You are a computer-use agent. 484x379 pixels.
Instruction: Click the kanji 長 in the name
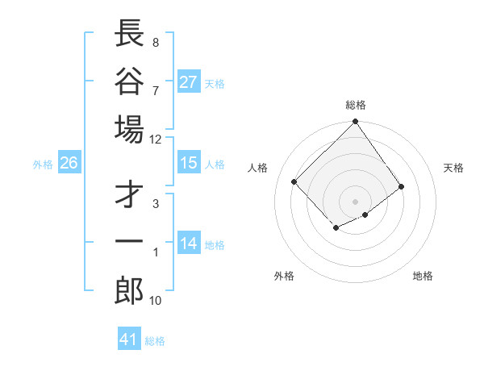click(x=130, y=33)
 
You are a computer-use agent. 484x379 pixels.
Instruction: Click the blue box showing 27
click(x=189, y=82)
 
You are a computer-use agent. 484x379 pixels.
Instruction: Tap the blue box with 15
click(x=189, y=163)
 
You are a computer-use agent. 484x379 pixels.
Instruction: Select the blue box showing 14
click(x=189, y=244)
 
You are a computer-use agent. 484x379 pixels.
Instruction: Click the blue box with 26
click(x=69, y=163)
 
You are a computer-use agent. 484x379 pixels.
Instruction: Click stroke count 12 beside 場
click(x=155, y=139)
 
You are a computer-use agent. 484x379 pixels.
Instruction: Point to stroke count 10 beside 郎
click(x=155, y=301)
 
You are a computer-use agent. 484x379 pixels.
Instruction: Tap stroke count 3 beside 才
click(x=155, y=203)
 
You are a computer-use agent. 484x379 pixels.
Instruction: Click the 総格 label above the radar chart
click(x=356, y=105)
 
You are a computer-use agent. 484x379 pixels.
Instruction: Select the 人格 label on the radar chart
click(x=258, y=168)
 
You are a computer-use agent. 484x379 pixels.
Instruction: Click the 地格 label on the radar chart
click(x=423, y=276)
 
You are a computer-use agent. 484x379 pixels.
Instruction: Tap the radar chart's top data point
click(x=356, y=123)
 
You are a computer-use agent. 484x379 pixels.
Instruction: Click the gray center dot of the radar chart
click(x=356, y=201)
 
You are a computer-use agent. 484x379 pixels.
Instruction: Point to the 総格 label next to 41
click(x=155, y=340)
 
